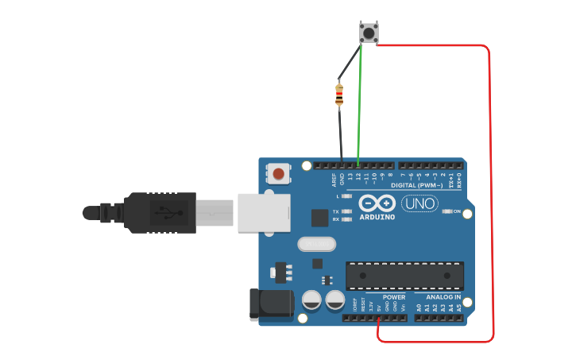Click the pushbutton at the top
369,33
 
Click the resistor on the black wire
339,95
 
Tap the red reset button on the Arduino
278,173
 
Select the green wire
360,103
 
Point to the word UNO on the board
419,204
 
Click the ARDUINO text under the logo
377,217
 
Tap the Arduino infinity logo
377,203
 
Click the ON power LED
447,211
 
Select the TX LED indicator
346,211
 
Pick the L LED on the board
346,195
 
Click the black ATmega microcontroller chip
404,275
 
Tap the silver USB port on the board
265,212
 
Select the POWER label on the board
393,297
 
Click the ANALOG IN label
444,297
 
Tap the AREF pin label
334,180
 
